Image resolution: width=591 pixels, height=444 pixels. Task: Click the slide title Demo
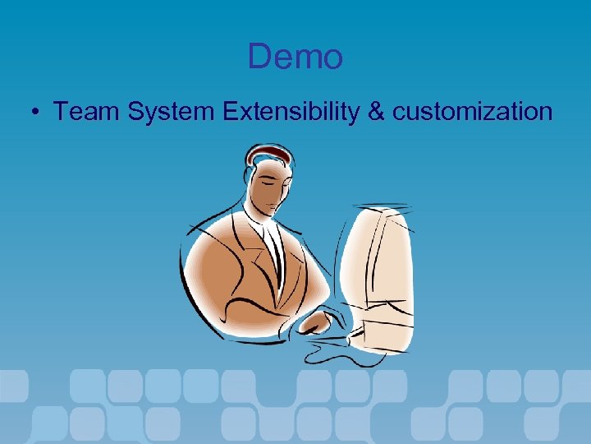coord(295,57)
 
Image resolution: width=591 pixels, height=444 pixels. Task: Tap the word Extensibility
coord(291,111)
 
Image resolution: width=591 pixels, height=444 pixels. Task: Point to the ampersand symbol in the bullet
coord(376,111)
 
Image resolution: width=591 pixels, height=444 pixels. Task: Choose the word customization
coord(472,111)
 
